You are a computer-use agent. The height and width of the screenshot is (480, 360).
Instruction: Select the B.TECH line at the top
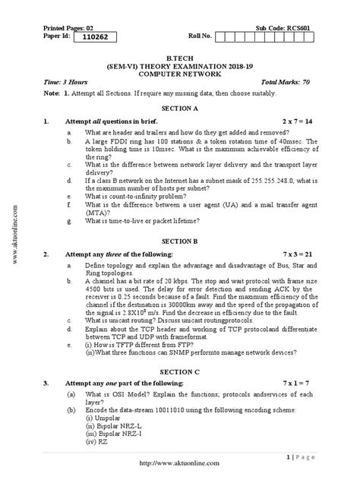(x=180, y=56)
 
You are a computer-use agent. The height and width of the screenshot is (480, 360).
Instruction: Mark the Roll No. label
(x=201, y=36)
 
